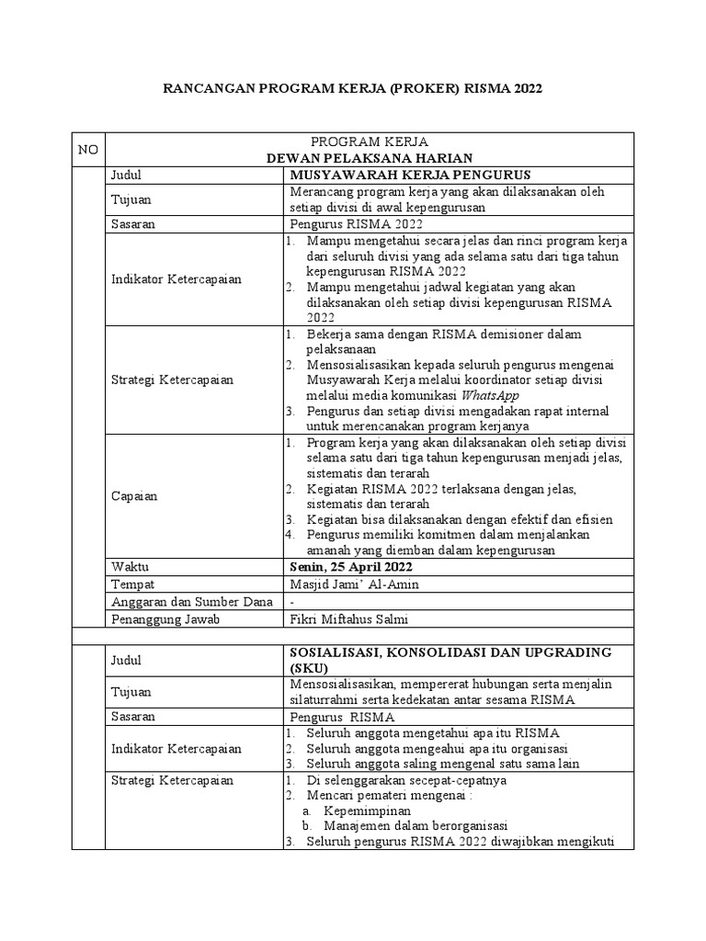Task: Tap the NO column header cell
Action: [88, 150]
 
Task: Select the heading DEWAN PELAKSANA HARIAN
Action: [368, 158]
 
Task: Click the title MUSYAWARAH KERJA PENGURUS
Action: [410, 175]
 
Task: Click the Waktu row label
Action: [130, 567]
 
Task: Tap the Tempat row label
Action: [132, 584]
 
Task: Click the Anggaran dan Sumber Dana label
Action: [191, 602]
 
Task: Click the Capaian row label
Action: [134, 496]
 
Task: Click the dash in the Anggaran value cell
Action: [292, 602]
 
